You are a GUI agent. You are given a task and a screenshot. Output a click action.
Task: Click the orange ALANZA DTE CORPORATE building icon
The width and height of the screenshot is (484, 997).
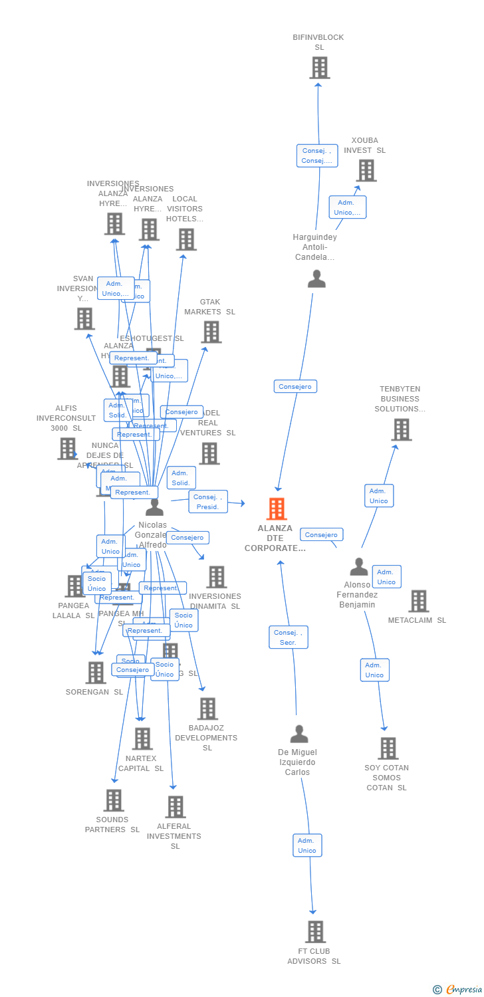277,509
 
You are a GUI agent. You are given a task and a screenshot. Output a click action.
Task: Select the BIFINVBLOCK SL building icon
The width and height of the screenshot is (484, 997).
319,68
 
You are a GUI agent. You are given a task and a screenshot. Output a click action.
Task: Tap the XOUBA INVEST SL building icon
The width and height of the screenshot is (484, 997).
366,170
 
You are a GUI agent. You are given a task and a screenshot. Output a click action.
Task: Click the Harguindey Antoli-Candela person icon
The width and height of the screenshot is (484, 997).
316,279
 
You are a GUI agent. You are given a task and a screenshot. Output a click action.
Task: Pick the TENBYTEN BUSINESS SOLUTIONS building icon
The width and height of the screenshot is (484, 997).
401,430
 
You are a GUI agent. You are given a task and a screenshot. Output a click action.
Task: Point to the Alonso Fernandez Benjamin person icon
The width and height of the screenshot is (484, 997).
359,567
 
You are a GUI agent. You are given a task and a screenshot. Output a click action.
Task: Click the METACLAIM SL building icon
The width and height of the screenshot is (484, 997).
418,601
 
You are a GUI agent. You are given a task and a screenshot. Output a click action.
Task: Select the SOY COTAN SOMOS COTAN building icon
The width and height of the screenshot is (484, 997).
388,748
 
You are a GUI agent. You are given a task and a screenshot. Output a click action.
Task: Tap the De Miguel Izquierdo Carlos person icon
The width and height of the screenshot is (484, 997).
299,734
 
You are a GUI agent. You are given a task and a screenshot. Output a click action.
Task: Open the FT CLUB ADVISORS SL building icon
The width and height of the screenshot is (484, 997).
315,932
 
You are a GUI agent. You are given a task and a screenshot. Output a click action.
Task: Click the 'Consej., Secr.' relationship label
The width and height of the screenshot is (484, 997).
289,637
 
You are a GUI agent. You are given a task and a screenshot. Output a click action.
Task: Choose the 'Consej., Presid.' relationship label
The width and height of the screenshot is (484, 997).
208,502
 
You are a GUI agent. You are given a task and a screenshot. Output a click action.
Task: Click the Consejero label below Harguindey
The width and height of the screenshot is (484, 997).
295,386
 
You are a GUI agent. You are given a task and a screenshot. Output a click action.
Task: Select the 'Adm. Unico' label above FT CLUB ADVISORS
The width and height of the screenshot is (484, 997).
307,845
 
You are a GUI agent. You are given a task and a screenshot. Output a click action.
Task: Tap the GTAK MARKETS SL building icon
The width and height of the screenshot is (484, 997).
211,332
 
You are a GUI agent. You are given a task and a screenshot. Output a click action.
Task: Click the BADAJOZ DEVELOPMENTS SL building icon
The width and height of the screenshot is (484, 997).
207,709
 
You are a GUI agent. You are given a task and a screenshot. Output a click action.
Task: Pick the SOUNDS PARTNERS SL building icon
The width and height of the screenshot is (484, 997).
113,800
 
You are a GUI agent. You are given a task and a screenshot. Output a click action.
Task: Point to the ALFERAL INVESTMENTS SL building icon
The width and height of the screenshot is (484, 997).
175,807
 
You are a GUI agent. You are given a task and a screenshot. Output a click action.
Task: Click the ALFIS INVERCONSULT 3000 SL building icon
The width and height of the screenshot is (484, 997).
67,449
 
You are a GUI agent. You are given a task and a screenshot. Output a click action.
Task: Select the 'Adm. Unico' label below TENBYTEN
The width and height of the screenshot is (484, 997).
379,496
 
